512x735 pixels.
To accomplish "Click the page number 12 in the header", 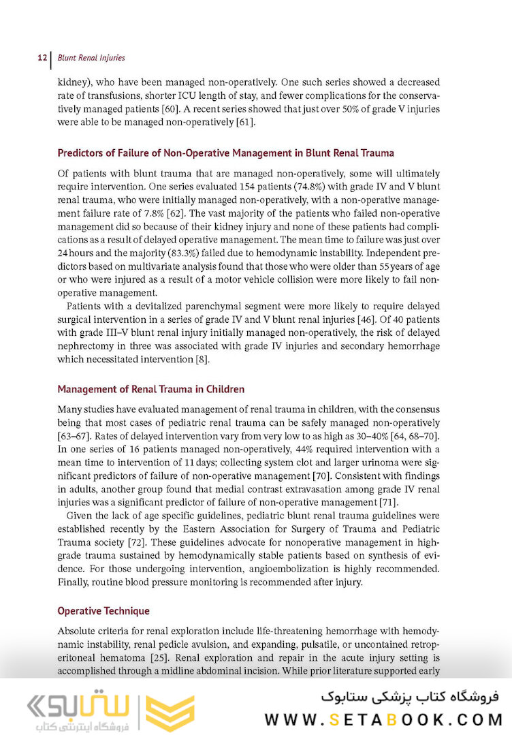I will pos(42,58).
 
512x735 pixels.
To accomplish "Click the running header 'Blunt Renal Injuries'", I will pos(91,58).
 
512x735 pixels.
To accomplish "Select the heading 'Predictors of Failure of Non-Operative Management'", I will pos(225,153).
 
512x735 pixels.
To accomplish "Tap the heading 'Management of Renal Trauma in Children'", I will pos(150,390).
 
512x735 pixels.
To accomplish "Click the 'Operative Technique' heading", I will pos(103,611).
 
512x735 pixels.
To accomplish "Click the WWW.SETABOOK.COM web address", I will pos(383,719).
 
